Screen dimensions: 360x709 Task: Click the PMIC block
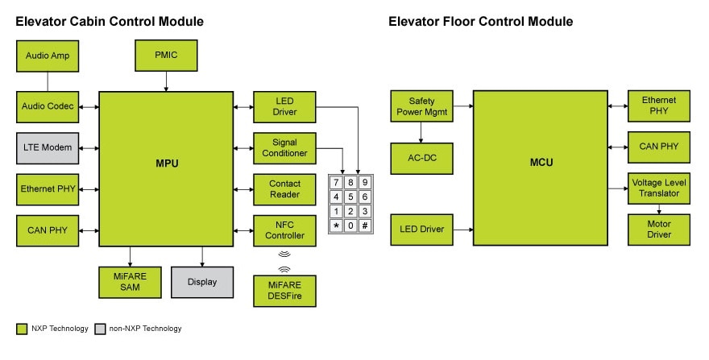[x=166, y=55]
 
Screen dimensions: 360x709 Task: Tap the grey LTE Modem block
[x=47, y=148]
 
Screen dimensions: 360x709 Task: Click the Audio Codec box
[x=47, y=106]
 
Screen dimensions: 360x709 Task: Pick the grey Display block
[x=201, y=282]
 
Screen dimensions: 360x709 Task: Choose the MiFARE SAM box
[x=129, y=282]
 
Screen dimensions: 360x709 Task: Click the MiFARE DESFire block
[x=284, y=291]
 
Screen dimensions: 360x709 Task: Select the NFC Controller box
[x=284, y=230]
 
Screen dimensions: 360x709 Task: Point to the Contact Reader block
[x=284, y=189]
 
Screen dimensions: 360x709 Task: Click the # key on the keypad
[x=365, y=226]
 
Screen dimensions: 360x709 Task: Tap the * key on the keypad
[x=336, y=226]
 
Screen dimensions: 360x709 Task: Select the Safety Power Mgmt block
[x=421, y=106]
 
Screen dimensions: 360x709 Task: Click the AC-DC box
[x=421, y=159]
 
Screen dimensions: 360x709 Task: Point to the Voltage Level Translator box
[x=659, y=188]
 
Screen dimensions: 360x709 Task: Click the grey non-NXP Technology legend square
[x=100, y=329]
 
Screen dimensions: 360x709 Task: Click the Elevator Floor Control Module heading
[x=480, y=22]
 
